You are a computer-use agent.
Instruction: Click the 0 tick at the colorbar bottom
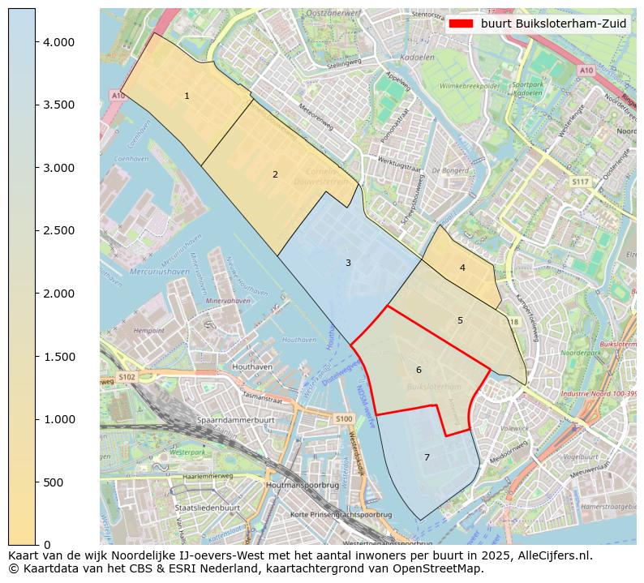click(47, 545)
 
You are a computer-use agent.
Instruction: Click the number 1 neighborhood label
click(187, 96)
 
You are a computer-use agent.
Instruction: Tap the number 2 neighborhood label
click(275, 174)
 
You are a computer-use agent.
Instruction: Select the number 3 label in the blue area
click(348, 263)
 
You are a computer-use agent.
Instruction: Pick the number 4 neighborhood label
click(462, 268)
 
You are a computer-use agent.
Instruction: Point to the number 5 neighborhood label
click(460, 320)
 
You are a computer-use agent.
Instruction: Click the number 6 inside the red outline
click(419, 370)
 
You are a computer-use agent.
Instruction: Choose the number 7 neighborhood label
click(427, 457)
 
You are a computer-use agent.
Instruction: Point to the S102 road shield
click(127, 377)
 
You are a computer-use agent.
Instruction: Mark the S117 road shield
click(579, 182)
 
